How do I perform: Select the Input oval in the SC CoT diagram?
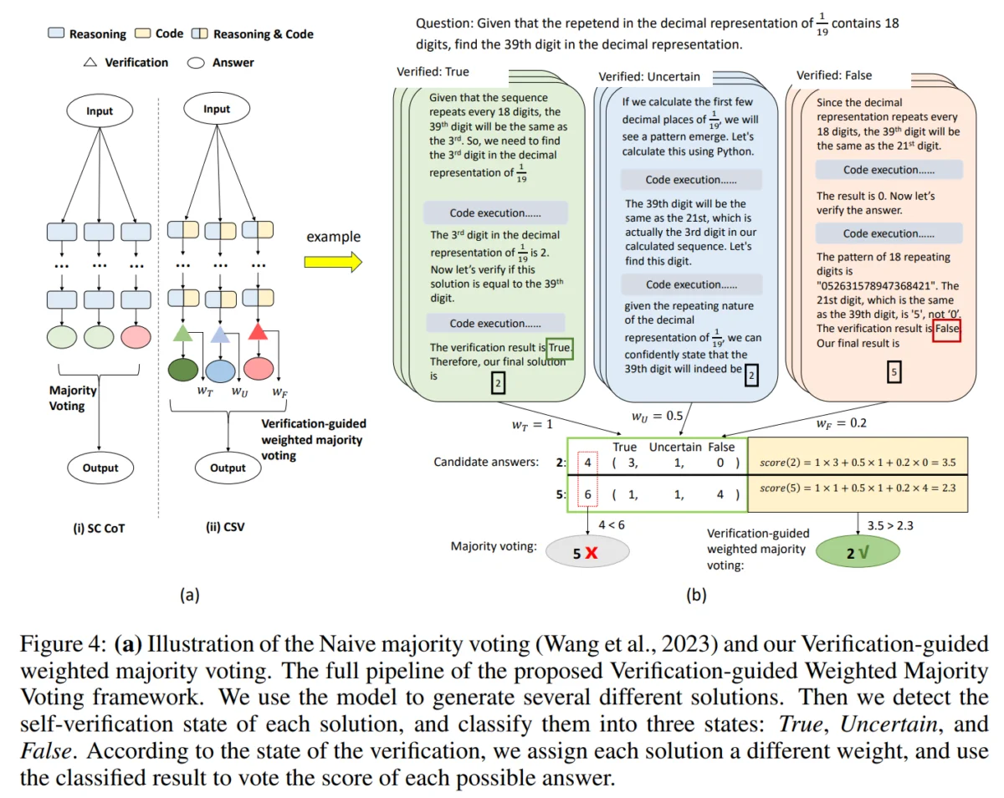(x=100, y=111)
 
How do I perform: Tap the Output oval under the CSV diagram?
(x=228, y=468)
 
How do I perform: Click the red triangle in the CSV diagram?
(x=259, y=333)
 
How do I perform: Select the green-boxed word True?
(x=560, y=346)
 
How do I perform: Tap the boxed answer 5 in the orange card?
(x=893, y=374)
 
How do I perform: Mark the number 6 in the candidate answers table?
(x=588, y=494)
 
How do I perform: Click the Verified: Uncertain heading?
(x=649, y=77)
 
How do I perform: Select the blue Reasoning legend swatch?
(x=56, y=34)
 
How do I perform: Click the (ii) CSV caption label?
(x=228, y=528)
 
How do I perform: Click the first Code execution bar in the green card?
(x=495, y=212)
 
